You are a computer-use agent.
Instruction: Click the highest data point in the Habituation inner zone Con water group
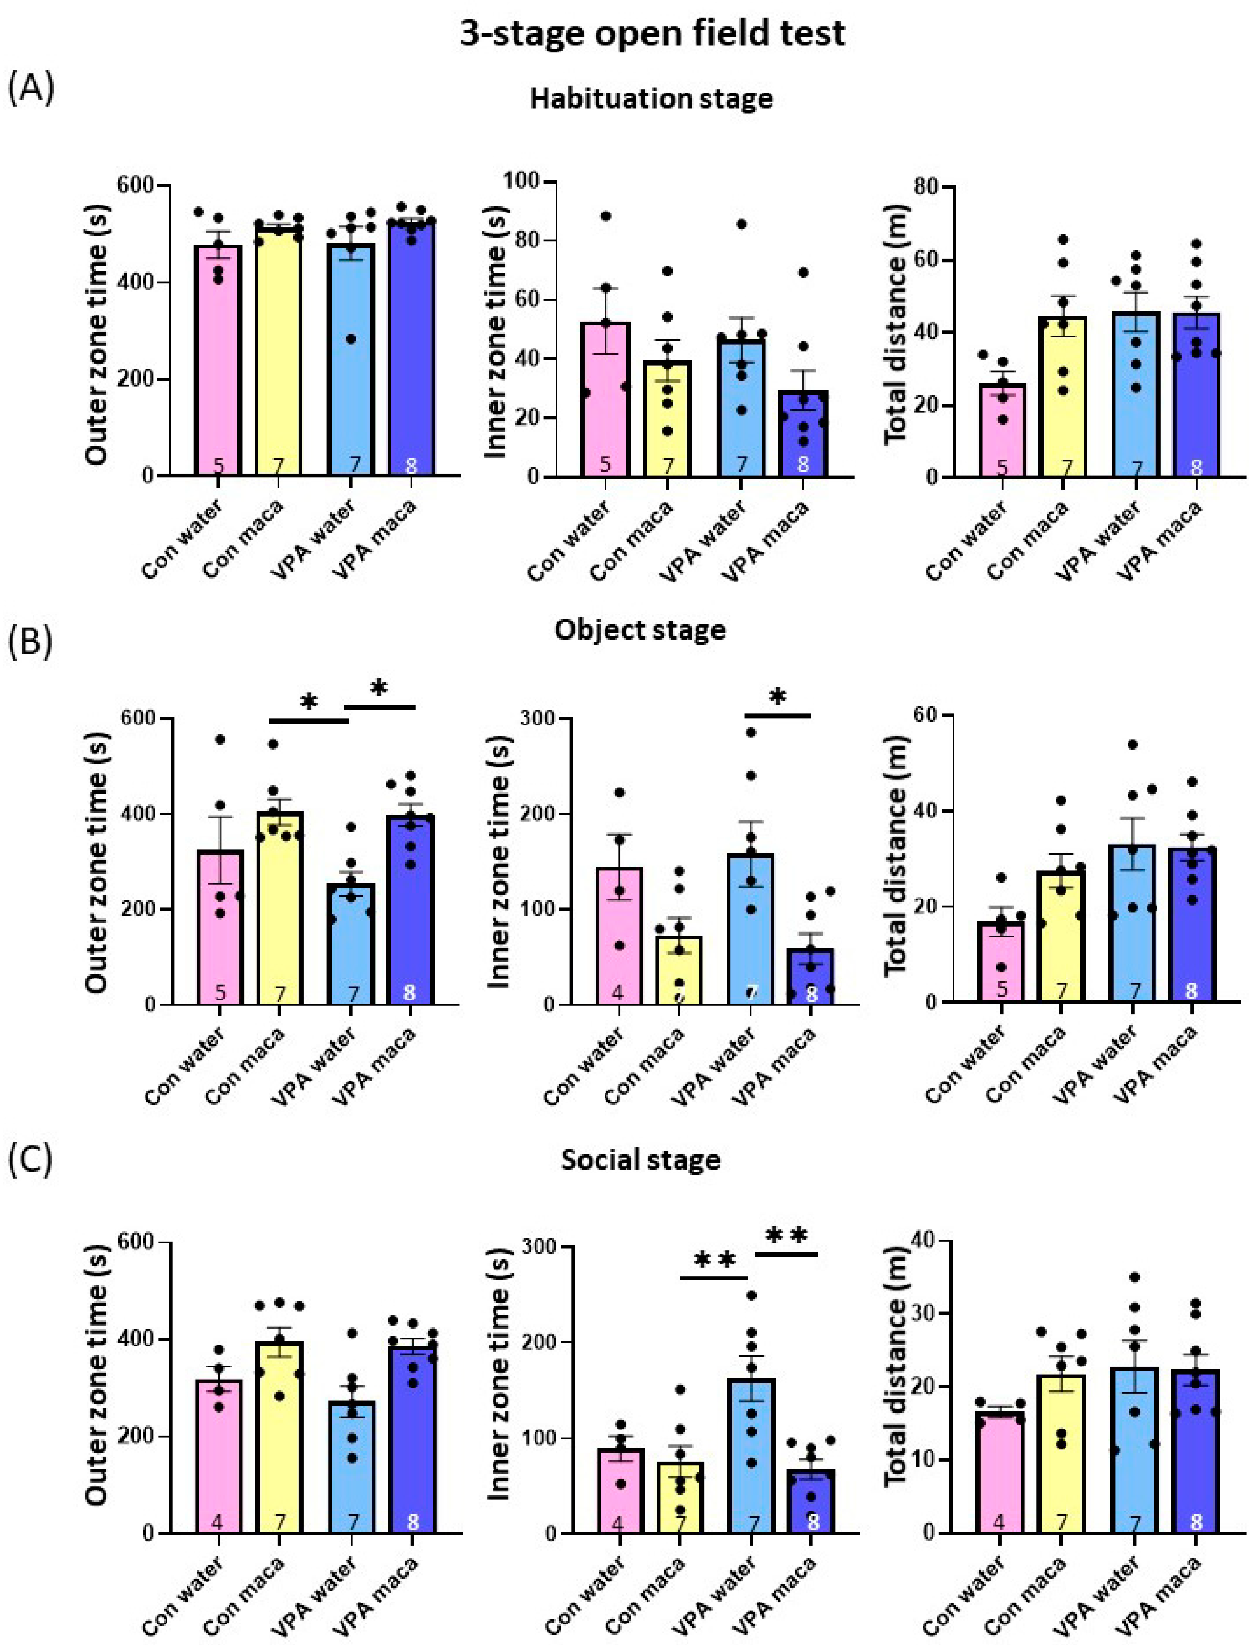click(605, 216)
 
